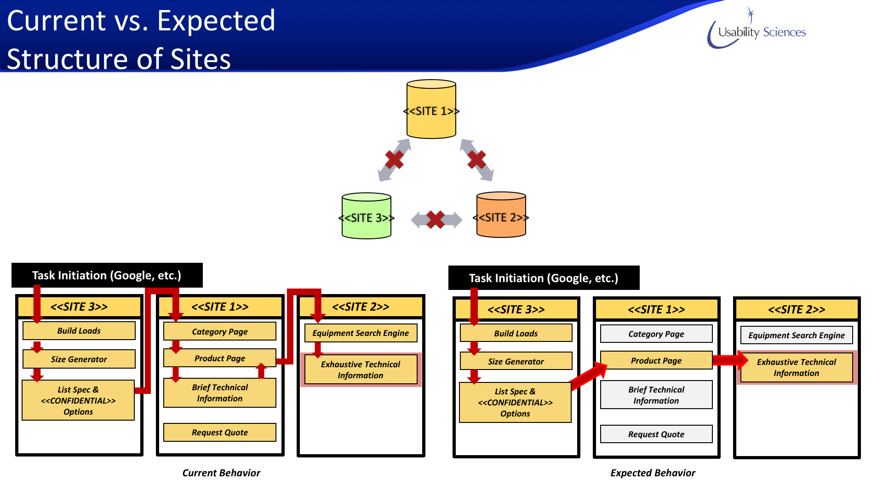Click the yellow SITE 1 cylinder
tap(431, 110)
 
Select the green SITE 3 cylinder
tap(367, 216)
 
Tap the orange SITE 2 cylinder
tap(501, 215)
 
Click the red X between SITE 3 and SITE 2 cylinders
tap(436, 220)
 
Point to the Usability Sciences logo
tap(757, 30)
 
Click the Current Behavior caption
tap(221, 473)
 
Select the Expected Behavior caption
tap(653, 473)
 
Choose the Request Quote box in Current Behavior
tap(220, 433)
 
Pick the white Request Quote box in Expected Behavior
tap(656, 434)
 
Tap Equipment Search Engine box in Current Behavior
tap(361, 333)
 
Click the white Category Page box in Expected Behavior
tap(656, 334)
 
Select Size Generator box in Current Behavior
tap(79, 359)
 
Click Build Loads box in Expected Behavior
tap(516, 333)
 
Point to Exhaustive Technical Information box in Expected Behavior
tap(797, 367)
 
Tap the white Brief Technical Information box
tap(656, 395)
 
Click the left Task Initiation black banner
tap(107, 275)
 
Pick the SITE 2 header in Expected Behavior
tap(797, 309)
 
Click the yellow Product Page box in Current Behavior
tap(220, 358)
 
